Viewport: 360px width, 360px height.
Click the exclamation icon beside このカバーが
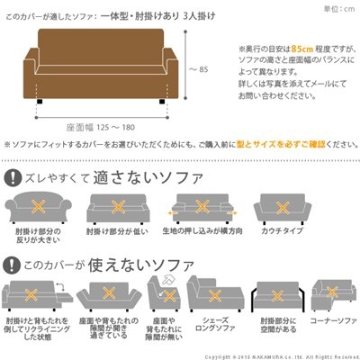coord(15,265)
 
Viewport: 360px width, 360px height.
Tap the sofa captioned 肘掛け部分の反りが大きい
coord(39,207)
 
